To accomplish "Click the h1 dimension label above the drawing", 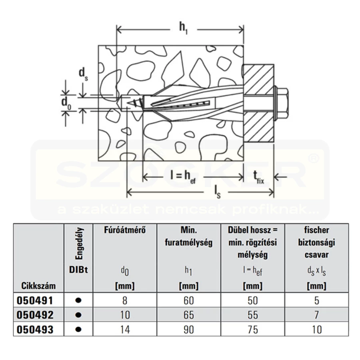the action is pos(184,28).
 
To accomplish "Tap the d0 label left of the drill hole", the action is pos(66,103).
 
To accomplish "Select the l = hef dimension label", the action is pos(183,177).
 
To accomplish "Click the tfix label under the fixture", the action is pos(258,177).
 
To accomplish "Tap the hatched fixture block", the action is pos(259,103).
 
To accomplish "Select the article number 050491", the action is pos(35,300).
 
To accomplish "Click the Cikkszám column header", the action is pos(38,286).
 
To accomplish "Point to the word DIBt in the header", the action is pos(78,270).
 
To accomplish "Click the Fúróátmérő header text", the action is pos(125,230).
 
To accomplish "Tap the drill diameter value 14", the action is pos(125,330).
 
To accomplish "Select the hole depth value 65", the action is pos(189,315).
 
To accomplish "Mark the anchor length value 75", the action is pos(252,330).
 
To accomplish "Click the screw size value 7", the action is pos(317,315).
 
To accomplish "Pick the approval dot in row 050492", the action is pos(78,315).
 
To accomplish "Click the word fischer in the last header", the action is pos(317,230).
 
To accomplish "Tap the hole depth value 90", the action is pos(189,330).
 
